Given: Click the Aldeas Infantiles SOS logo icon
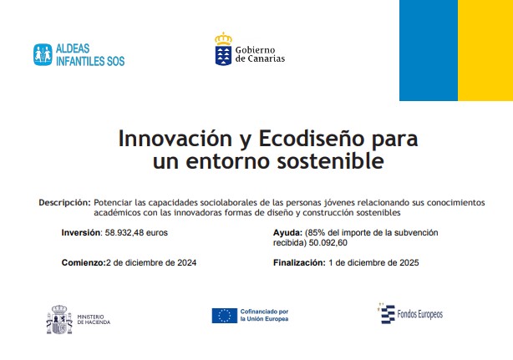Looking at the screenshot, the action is coord(43,54).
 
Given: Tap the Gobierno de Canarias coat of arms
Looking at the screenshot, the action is coord(223,49).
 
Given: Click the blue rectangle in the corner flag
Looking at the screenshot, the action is coord(429,50).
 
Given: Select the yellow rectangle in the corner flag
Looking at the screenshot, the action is coord(485,50).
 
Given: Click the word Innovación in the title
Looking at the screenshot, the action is coord(175,139).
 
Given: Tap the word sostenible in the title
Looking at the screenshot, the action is coord(330,161).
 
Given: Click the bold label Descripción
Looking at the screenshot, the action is coord(64,203).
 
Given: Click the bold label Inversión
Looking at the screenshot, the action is coord(82,233).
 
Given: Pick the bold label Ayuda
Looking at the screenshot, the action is coord(288,233).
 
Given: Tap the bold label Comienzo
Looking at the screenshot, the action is coord(84,262).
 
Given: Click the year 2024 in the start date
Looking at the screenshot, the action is coord(187,262).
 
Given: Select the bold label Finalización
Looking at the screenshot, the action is coord(299,262).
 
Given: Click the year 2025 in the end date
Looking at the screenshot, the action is coord(409,262).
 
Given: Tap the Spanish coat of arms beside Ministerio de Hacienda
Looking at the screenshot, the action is coord(59,319).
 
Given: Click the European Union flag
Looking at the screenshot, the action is coord(225,316).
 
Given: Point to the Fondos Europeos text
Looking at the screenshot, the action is coord(419,315).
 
